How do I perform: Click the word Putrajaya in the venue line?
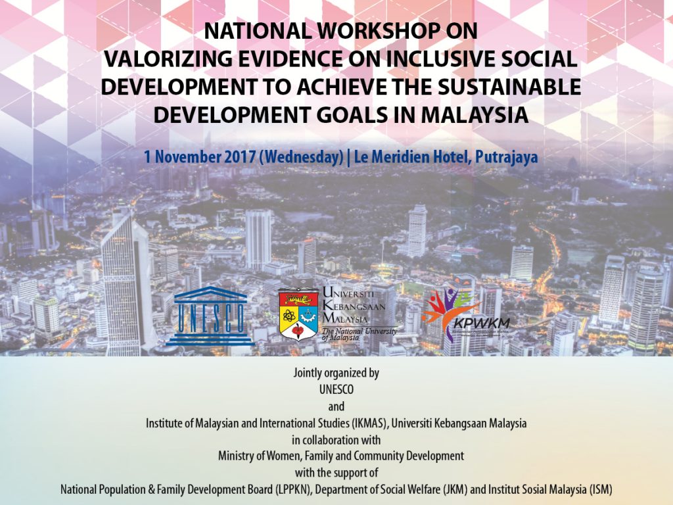[x=496, y=158]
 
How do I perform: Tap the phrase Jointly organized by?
[x=336, y=373]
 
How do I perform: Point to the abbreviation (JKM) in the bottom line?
[x=464, y=490]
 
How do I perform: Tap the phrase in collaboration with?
[x=336, y=439]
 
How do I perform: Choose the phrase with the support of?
[x=336, y=473]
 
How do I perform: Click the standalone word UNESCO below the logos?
[x=336, y=390]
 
